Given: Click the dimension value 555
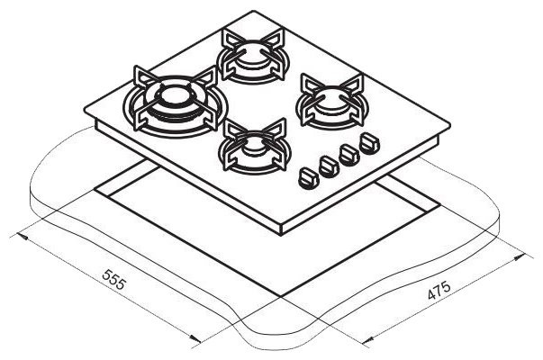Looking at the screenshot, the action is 113,279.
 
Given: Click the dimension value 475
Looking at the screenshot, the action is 439,291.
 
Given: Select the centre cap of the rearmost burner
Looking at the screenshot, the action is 252,55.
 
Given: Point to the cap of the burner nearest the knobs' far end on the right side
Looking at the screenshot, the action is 330,100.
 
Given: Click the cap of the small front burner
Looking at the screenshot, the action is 256,147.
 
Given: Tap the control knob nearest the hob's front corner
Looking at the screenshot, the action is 307,177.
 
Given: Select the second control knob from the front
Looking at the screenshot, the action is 329,166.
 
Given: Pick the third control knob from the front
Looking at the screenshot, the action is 349,155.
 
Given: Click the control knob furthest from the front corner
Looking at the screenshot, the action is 369,144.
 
